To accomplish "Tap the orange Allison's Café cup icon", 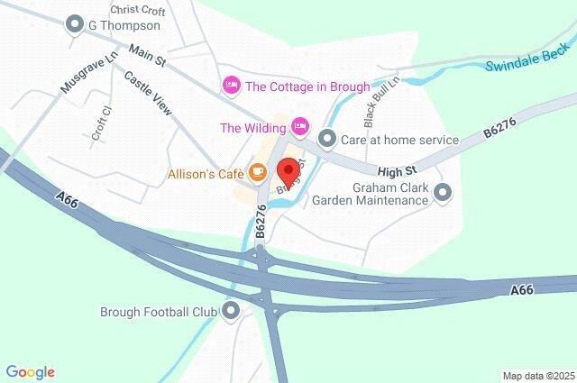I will (258, 171).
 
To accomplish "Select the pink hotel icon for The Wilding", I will (301, 126).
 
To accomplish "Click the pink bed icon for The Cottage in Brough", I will (231, 87).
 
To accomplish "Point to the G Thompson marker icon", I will (74, 25).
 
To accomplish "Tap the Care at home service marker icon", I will (327, 140).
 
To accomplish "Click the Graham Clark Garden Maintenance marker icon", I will (443, 192).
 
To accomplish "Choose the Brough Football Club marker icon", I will (231, 312).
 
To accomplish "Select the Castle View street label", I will (146, 92).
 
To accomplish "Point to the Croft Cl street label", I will (101, 123).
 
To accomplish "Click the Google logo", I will (30, 372).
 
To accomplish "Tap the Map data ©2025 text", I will (538, 376).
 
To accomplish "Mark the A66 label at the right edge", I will (523, 290).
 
